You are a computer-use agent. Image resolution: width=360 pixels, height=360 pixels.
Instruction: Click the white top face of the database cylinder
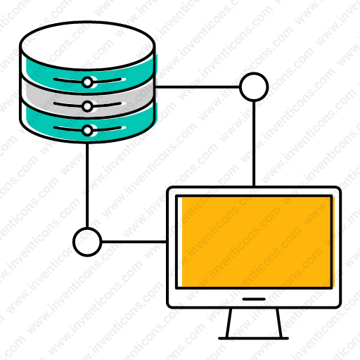tap(87, 46)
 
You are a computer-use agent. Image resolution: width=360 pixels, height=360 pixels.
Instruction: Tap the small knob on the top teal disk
tap(87, 82)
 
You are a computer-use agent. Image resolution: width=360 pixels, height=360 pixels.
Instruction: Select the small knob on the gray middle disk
tap(87, 106)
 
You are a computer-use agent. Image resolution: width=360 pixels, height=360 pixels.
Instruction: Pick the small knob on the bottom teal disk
tap(87, 130)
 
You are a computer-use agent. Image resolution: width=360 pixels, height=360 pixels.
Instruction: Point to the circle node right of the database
tap(254, 87)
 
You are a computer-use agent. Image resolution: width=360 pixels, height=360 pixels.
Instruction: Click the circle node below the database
tap(87, 242)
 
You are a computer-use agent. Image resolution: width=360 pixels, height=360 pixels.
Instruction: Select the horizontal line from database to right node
tap(198, 87)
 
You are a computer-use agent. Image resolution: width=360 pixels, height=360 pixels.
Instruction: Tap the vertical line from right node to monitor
tap(254, 143)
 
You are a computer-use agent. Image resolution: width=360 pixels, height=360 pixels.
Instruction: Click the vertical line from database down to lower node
tap(87, 185)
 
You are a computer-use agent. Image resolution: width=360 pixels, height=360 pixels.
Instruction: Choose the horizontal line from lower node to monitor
tap(134, 242)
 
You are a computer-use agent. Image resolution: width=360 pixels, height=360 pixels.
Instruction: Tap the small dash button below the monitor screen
tap(254, 299)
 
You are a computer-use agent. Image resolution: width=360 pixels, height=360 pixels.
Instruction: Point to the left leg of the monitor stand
tap(229, 323)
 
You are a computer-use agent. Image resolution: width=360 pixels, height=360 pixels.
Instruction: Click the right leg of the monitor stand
tap(279, 323)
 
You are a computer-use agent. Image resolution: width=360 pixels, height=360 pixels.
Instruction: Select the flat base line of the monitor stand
tap(253, 338)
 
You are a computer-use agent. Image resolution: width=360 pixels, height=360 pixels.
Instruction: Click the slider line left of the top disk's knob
tap(68, 81)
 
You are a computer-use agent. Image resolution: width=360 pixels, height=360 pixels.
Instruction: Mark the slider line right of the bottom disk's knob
tap(107, 129)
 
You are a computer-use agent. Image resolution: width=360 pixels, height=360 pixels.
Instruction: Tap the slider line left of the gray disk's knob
tap(68, 105)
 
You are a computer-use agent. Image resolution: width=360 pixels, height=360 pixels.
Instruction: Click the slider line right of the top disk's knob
tap(107, 81)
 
